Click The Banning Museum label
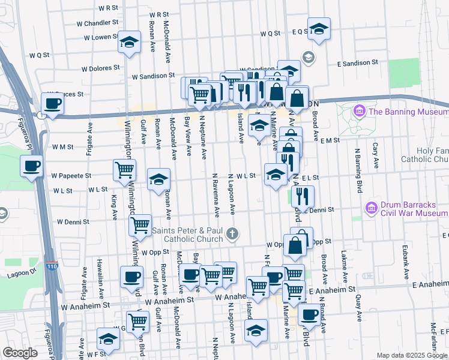[408, 112]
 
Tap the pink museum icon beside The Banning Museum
[360, 111]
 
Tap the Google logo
[20, 353]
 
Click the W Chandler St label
[97, 23]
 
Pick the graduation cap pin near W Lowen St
[128, 42]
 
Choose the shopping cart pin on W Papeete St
[124, 169]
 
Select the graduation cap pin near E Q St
[320, 28]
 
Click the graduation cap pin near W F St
[108, 340]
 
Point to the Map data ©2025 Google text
[412, 355]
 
